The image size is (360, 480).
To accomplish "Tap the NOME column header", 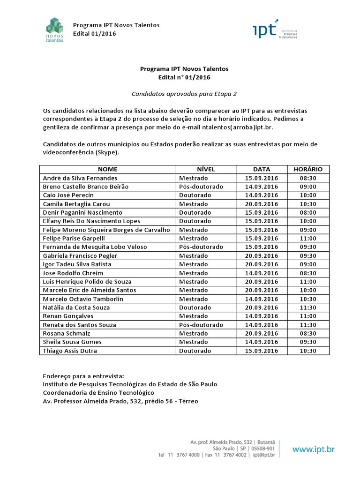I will point(108,169).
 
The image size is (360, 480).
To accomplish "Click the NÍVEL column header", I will point(206,169).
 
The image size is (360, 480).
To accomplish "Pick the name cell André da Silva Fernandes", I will point(80,178).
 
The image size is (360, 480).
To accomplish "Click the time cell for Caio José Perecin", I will point(308,195).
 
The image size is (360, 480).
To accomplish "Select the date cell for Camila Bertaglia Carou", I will point(261,204).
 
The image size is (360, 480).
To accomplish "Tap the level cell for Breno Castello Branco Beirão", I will point(201,187).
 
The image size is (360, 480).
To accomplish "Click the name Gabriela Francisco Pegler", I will point(80,255).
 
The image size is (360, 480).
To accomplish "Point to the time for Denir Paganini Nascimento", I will point(308,212).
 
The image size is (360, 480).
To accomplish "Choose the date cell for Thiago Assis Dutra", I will point(261,351).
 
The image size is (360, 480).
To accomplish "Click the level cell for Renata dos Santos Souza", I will point(201,325).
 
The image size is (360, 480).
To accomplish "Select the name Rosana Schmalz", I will point(67,333).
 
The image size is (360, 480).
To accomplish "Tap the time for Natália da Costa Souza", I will point(308,307).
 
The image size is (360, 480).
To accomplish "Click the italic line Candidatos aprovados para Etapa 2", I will point(184,94).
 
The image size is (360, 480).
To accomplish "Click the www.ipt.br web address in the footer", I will point(314,449).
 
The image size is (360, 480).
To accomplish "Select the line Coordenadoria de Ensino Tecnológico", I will point(98,393).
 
